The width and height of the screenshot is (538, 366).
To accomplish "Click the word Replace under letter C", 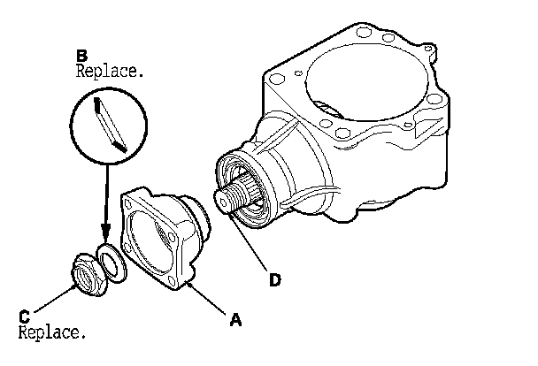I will [x=52, y=333].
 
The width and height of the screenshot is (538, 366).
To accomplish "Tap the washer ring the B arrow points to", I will [x=113, y=263].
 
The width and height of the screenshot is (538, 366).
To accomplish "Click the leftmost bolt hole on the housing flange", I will [x=275, y=82].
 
